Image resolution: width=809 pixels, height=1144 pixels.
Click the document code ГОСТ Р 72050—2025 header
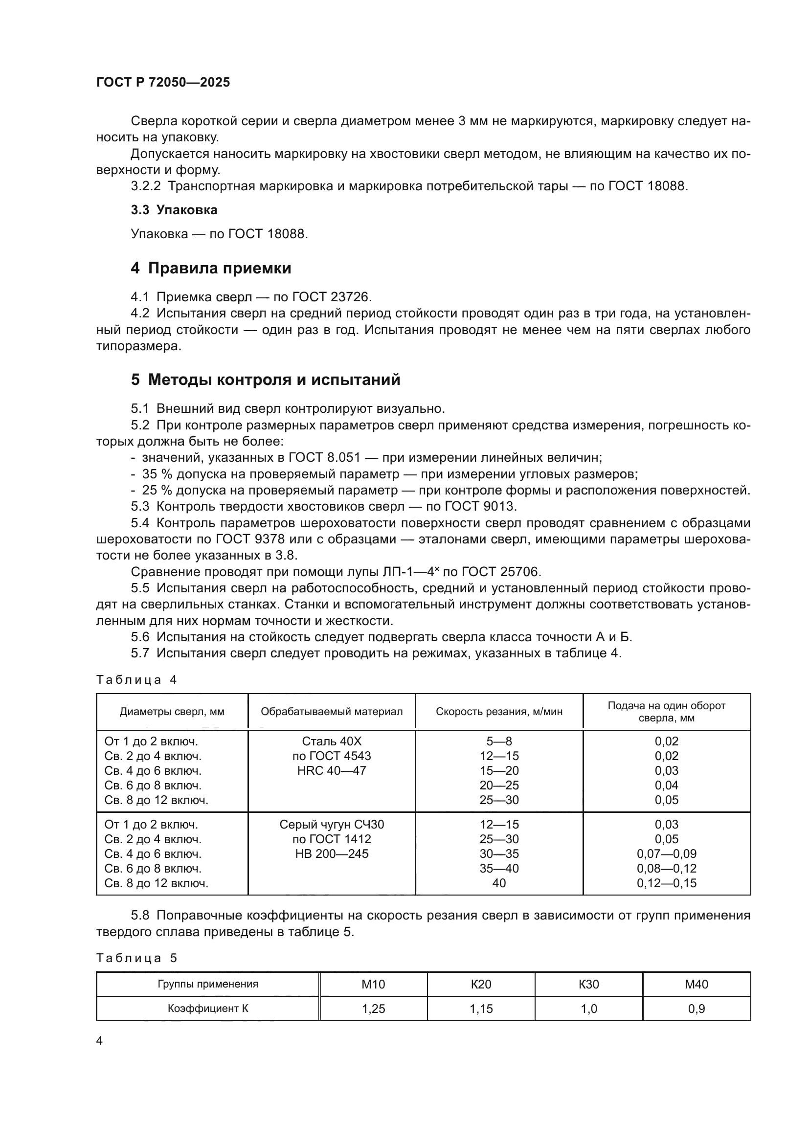(x=163, y=82)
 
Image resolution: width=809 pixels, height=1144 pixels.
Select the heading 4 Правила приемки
(x=211, y=269)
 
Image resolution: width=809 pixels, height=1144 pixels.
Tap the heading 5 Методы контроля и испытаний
(x=265, y=380)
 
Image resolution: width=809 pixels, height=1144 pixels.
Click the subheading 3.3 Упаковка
(x=174, y=210)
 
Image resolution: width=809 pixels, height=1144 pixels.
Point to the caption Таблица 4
(x=136, y=680)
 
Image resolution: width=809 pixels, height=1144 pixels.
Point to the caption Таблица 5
(x=136, y=958)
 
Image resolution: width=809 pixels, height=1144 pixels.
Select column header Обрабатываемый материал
(x=331, y=712)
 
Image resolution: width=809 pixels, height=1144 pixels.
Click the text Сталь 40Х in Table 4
(x=331, y=741)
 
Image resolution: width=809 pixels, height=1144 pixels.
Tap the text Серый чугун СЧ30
(x=331, y=825)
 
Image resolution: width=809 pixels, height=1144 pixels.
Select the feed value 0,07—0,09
(x=666, y=854)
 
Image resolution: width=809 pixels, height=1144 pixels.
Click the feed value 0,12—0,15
(x=666, y=883)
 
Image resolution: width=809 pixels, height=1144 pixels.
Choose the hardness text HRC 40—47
(x=331, y=771)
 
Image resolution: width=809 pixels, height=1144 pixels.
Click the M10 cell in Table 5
(x=373, y=984)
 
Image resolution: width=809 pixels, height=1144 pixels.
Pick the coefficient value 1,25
(x=373, y=1009)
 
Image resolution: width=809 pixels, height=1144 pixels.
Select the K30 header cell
(x=588, y=984)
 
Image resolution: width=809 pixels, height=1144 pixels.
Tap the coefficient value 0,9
(x=696, y=1009)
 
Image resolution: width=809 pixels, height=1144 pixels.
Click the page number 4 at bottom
(x=99, y=1040)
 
